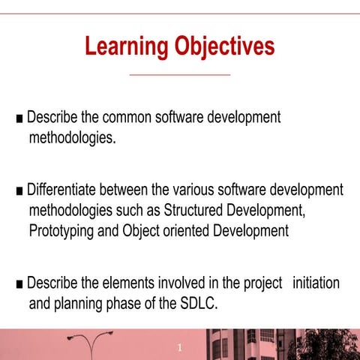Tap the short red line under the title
(x=180, y=75)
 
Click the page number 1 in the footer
(x=180, y=348)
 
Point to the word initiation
(x=316, y=284)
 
